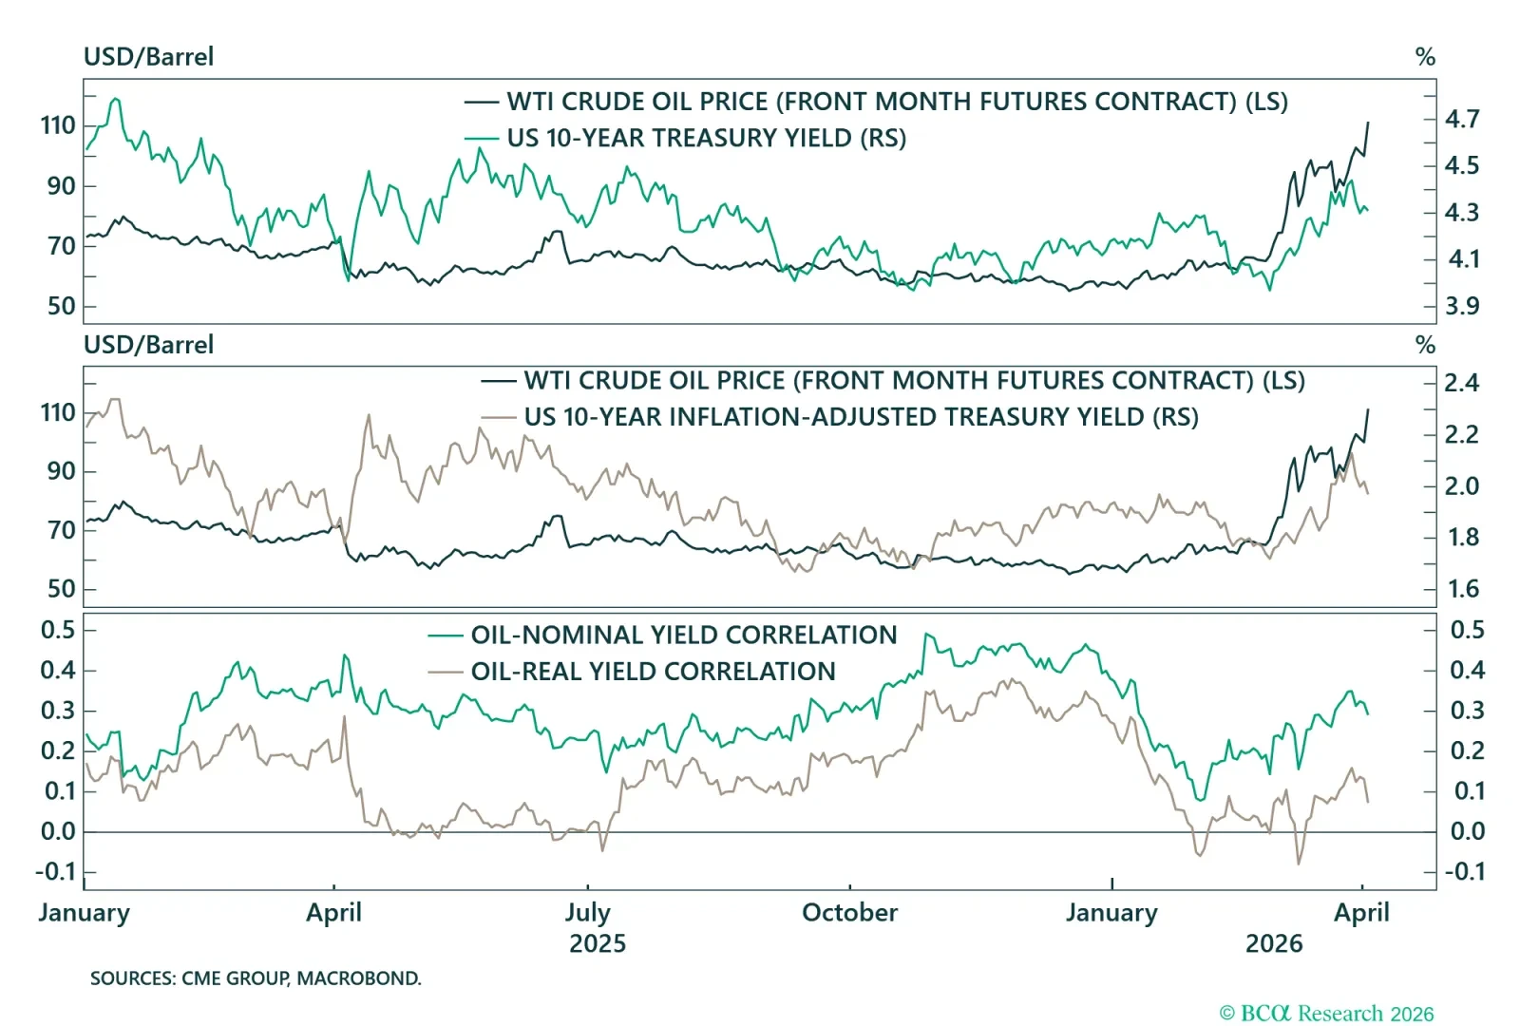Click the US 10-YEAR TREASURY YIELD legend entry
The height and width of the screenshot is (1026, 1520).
(706, 138)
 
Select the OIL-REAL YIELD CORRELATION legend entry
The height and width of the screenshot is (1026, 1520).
(653, 672)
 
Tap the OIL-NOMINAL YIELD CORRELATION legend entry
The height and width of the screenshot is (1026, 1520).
(683, 635)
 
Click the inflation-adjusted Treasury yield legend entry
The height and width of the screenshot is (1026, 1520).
(861, 417)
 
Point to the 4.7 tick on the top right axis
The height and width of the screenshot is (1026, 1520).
(1462, 119)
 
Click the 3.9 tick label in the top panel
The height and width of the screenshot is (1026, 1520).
(1462, 306)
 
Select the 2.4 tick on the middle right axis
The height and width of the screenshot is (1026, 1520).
(1462, 383)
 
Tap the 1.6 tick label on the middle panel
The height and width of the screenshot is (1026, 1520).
(1463, 589)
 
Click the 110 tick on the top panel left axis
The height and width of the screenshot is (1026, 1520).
(58, 125)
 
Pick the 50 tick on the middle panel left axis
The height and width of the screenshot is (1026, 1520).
(61, 589)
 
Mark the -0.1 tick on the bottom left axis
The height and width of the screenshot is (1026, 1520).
(55, 871)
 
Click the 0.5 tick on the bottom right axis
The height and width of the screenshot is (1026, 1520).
(1467, 630)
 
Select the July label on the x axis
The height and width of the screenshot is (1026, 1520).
(587, 913)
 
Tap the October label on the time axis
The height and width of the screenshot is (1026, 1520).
(849, 913)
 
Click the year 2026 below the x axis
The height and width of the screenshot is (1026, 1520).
(1274, 944)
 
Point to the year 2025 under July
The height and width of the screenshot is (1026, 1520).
(597, 944)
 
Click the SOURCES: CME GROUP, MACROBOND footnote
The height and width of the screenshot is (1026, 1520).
(256, 978)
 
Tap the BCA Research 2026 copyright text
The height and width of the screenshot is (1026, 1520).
(1326, 1014)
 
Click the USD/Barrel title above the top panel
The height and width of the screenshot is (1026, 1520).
(148, 57)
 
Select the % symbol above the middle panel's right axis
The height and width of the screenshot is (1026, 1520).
(1425, 345)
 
